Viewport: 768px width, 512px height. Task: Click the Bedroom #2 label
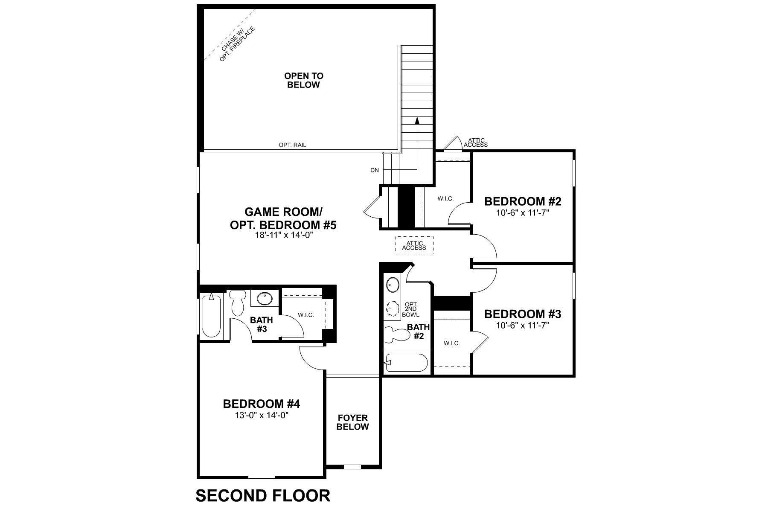coord(522,201)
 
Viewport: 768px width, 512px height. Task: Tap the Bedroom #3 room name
coord(522,314)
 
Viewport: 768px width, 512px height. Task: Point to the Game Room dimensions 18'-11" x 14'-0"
coord(283,235)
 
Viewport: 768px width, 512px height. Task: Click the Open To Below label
coord(304,80)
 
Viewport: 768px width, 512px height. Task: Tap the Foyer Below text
coord(352,422)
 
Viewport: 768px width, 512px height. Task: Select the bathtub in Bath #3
coord(211,315)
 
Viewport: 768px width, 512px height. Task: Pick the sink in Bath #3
coord(265,298)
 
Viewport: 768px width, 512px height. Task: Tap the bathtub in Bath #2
coord(406,363)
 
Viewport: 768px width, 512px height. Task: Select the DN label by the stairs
coord(374,170)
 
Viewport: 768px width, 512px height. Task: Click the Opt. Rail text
coord(292,145)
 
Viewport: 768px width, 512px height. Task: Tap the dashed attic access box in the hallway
coord(414,245)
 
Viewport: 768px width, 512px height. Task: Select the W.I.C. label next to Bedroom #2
coord(445,199)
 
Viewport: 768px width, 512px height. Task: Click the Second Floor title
coord(263,495)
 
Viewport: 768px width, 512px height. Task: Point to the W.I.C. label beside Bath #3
coord(306,315)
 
